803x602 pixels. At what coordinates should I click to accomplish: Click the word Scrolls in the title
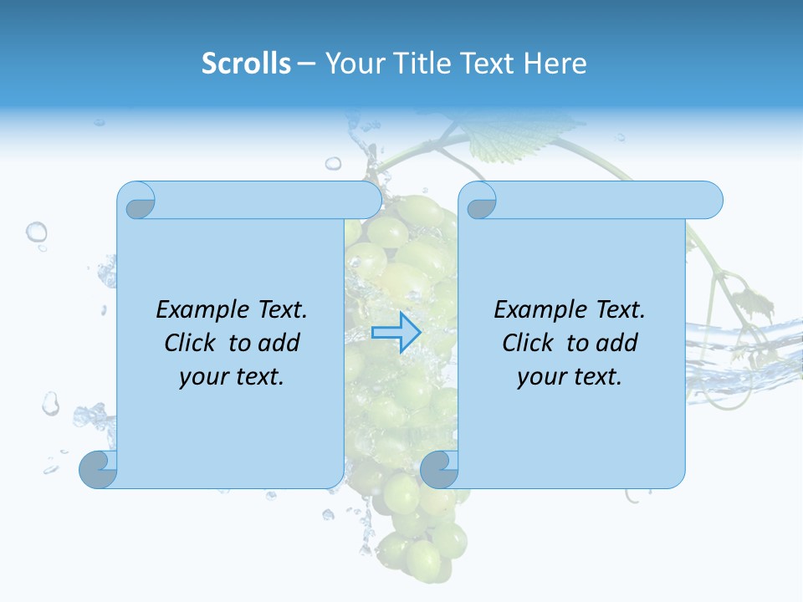[247, 63]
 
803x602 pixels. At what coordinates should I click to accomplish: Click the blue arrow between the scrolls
[396, 332]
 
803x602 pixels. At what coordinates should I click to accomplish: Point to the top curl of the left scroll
[137, 201]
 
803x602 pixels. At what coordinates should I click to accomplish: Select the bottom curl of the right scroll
[439, 469]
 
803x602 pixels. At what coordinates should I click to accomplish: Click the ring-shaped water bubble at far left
[36, 232]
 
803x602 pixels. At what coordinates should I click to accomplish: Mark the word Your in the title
[350, 63]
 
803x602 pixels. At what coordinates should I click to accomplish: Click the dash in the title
[307, 64]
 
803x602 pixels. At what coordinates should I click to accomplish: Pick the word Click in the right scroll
[528, 343]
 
